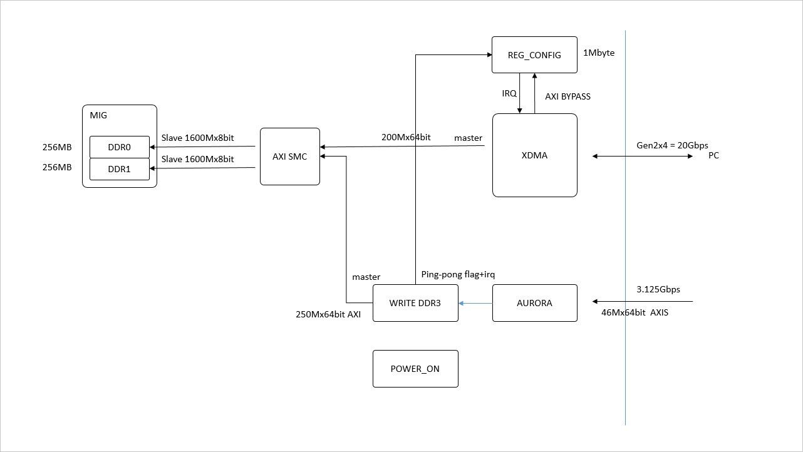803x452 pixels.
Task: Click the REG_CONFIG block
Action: pyautogui.click(x=534, y=55)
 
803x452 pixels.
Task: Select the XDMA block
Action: pyautogui.click(x=534, y=155)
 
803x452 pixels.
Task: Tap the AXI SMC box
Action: pyautogui.click(x=289, y=157)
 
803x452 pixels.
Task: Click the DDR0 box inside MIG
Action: pyautogui.click(x=120, y=147)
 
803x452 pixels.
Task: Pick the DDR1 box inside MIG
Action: pyautogui.click(x=120, y=169)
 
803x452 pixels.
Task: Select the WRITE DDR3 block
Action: pyautogui.click(x=415, y=303)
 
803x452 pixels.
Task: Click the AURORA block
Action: pyautogui.click(x=534, y=303)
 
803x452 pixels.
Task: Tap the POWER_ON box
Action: pyautogui.click(x=415, y=369)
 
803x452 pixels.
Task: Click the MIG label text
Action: pyautogui.click(x=99, y=115)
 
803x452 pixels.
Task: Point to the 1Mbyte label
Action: pyautogui.click(x=599, y=53)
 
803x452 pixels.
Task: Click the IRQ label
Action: pyautogui.click(x=509, y=93)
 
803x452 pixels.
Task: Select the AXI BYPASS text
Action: pyautogui.click(x=567, y=96)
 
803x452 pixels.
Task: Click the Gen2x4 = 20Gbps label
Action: pyautogui.click(x=672, y=145)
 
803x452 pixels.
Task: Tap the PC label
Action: pyautogui.click(x=713, y=155)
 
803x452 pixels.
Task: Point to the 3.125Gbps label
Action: pyautogui.click(x=658, y=290)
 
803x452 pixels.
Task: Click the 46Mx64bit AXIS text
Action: pyautogui.click(x=634, y=312)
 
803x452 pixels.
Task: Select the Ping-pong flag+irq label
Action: pyautogui.click(x=458, y=274)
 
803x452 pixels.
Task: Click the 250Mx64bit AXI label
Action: pyautogui.click(x=328, y=314)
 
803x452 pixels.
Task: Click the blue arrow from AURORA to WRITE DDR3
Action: pyautogui.click(x=475, y=303)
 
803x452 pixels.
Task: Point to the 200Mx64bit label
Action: pyautogui.click(x=406, y=136)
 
